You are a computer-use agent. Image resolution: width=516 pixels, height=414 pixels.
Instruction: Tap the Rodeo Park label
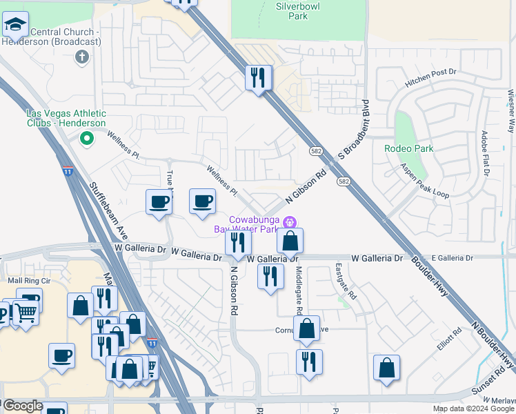coord(408,148)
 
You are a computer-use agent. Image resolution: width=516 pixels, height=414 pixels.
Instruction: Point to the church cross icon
coord(82,57)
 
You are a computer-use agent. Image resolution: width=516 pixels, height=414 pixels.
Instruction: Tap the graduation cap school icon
coord(15,26)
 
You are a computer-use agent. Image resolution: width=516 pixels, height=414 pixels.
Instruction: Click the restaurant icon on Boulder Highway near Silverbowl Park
coord(259,77)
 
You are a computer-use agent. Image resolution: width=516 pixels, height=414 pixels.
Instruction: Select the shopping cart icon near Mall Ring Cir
coord(26,312)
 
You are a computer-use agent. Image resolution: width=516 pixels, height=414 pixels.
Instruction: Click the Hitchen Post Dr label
coord(431,77)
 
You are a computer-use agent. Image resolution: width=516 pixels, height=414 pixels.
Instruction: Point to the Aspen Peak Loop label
coord(425,181)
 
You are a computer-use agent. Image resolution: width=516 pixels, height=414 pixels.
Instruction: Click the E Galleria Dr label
coord(453,258)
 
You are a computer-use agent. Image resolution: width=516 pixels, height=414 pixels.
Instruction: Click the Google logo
coord(22,406)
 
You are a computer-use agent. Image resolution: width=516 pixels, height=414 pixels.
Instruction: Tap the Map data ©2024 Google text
coord(473,408)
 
